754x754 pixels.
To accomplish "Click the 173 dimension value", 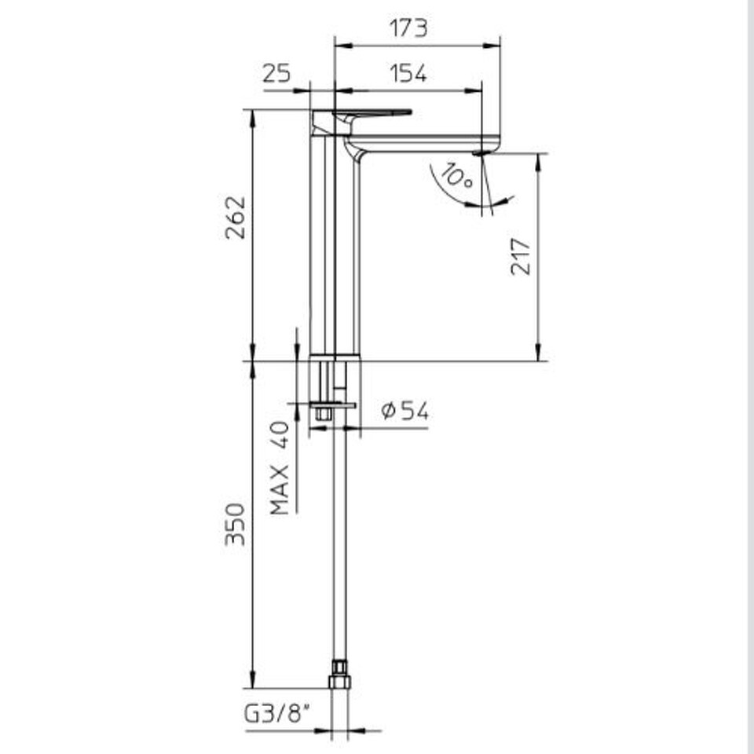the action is (408, 28).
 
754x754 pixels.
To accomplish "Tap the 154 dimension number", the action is (408, 74).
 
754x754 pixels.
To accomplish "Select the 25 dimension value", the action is (276, 74).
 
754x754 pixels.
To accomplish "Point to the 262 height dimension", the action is (236, 217).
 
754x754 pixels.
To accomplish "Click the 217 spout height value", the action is (521, 256).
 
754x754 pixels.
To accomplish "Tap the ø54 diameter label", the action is (404, 411).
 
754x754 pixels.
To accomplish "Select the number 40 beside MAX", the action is (280, 435).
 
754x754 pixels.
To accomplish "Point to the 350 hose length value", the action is (236, 524).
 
